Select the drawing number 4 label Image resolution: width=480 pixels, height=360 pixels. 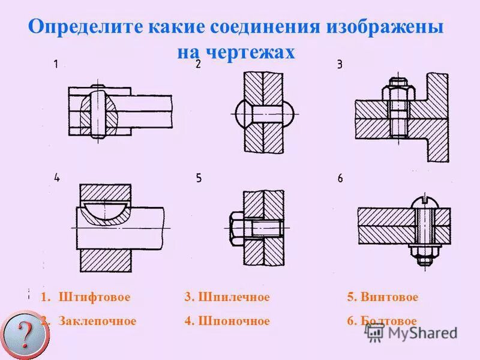point(57,177)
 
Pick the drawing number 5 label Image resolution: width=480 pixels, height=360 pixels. point(199,178)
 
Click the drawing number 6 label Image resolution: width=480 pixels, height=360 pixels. point(340,178)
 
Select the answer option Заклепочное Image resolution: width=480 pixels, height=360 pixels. point(97,321)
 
